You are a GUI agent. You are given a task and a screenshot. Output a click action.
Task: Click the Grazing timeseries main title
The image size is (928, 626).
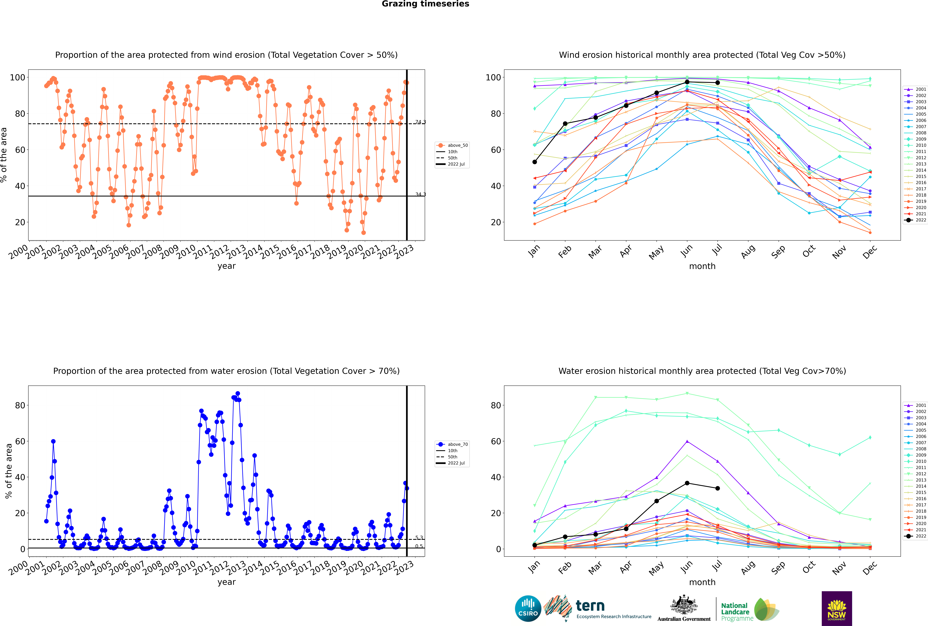coord(425,4)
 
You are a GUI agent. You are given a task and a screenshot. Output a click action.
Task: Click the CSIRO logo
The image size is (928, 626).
coord(528,608)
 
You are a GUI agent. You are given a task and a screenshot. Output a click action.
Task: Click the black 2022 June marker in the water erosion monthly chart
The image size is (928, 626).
coord(687,483)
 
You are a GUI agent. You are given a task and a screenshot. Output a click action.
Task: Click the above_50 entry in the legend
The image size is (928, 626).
coord(452,145)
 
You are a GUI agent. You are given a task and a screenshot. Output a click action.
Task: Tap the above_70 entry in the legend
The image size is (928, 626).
coord(452,444)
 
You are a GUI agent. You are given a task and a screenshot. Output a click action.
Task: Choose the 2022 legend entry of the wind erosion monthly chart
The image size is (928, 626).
coord(916,220)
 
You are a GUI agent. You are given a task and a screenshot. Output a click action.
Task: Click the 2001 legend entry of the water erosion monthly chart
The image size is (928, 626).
coord(916,405)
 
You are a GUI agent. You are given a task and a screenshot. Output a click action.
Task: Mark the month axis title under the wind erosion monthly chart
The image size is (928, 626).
coord(702,266)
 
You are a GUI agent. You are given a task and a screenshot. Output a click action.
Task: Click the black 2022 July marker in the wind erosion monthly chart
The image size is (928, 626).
coord(717,83)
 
